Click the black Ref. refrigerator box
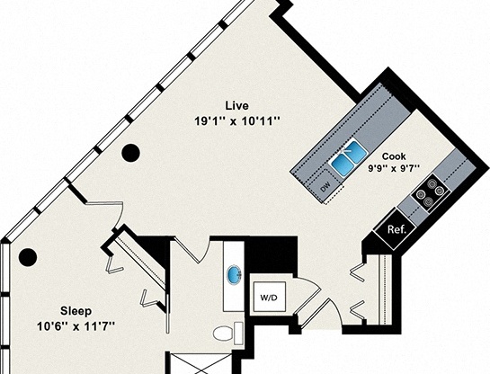(396, 229)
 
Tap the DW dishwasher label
(325, 186)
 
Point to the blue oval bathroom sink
(236, 274)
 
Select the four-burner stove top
(429, 191)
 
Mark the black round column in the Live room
(131, 152)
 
